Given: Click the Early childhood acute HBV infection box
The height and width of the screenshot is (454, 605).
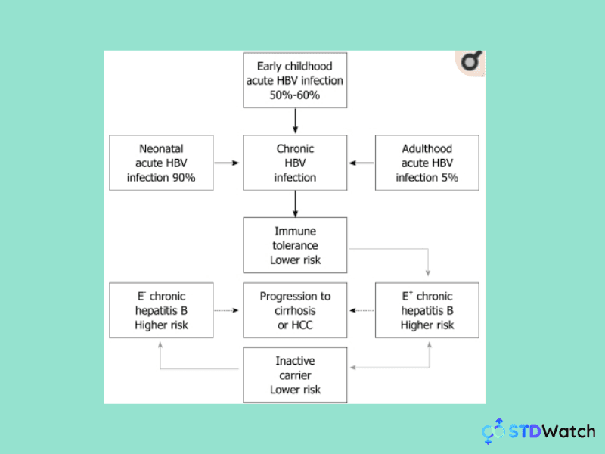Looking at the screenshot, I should tap(295, 80).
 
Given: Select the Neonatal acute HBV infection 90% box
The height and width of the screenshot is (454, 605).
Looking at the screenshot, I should tap(161, 163).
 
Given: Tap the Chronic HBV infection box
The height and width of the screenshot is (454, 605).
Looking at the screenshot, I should tap(295, 163).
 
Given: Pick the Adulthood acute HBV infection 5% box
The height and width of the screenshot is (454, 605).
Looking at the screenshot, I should tap(428, 163).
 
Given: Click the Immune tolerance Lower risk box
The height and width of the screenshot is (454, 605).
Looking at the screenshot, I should tap(295, 245).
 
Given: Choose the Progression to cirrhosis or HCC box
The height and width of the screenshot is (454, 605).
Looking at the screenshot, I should tap(295, 310).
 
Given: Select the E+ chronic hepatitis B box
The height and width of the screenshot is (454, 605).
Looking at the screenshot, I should tap(428, 310).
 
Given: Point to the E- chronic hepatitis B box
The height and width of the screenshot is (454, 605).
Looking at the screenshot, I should tap(161, 310).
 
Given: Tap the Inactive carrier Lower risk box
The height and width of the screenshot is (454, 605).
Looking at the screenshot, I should tap(295, 375).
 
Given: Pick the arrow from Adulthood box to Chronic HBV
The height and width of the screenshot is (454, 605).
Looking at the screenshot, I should tap(361, 163).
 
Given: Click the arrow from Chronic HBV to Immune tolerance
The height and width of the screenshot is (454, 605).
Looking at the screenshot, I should tap(295, 204).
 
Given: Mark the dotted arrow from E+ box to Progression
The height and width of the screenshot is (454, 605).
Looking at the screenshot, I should tap(361, 310).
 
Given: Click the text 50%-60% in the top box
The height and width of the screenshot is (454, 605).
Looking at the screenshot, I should tap(295, 95).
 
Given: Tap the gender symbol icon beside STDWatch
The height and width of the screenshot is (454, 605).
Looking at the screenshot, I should tap(495, 431).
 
